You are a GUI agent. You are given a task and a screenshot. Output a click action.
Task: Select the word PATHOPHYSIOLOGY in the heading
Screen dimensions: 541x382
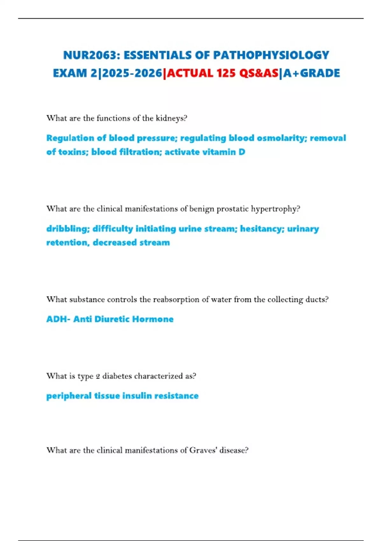[271, 55]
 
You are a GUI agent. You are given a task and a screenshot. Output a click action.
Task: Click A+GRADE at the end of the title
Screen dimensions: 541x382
[312, 74]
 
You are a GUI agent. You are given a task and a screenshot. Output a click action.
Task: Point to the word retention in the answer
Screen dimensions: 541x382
[67, 243]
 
